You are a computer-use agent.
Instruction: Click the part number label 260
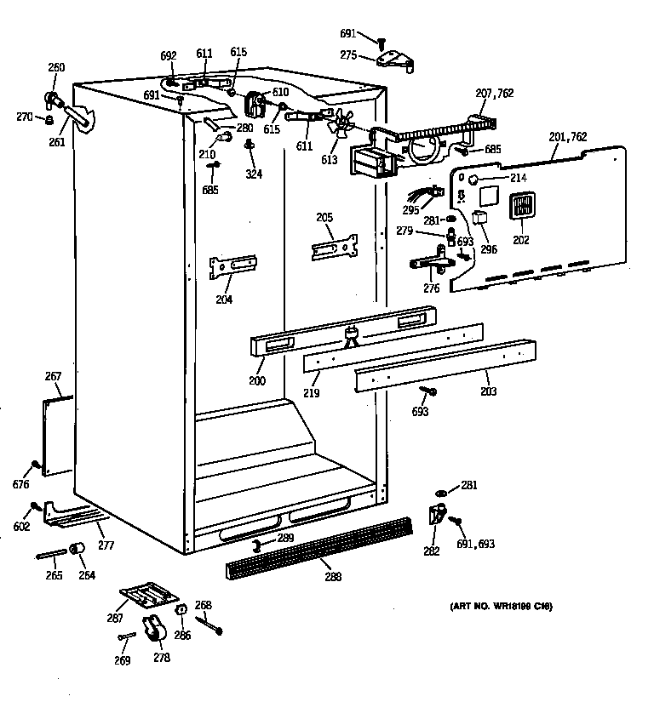coord(56,67)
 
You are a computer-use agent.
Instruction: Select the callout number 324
coord(254,174)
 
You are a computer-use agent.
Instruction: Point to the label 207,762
coord(496,93)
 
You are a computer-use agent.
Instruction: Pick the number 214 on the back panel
coord(518,178)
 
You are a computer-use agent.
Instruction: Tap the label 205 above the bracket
coord(324,218)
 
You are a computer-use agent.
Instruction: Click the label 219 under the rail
coord(312,394)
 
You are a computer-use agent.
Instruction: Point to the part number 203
coord(488,391)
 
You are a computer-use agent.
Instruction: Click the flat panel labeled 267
coord(58,433)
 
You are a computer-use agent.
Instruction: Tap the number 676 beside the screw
coord(21,484)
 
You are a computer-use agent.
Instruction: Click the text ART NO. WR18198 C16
coord(501,607)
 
